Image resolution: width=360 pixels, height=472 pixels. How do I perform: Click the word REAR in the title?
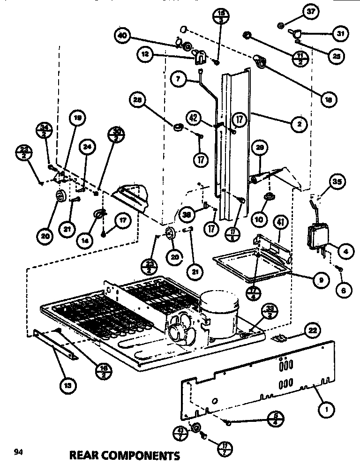86,455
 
